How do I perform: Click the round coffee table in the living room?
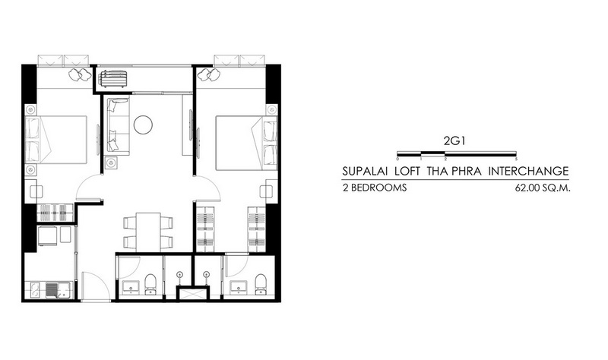(143, 125)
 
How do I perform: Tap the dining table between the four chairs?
(148, 232)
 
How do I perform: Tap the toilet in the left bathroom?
(150, 284)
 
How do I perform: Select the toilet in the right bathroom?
(261, 284)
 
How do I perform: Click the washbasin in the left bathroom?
(131, 288)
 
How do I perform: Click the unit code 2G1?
(454, 141)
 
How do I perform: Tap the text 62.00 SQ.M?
(543, 188)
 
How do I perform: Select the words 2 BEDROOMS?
(375, 188)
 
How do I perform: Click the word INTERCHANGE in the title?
(528, 171)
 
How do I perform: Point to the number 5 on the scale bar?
(516, 159)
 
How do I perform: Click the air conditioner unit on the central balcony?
(112, 80)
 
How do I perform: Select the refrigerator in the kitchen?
(48, 236)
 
